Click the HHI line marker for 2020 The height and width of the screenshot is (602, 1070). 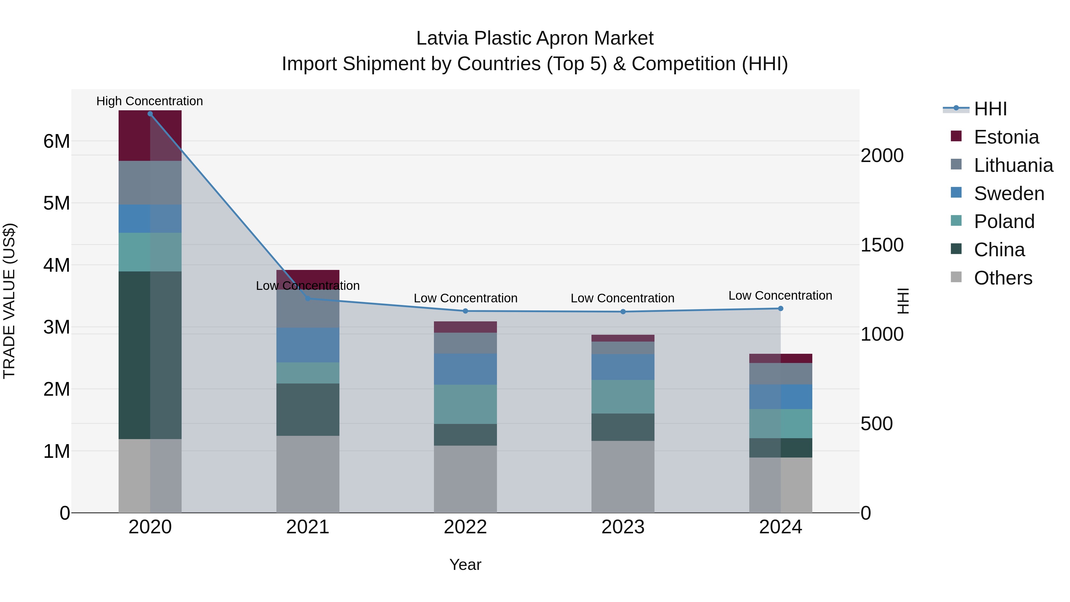pyautogui.click(x=150, y=114)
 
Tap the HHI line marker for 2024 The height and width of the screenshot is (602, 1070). pyautogui.click(x=781, y=309)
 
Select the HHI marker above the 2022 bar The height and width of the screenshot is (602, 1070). pyautogui.click(x=465, y=311)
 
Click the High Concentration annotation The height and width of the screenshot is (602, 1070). pyautogui.click(x=150, y=101)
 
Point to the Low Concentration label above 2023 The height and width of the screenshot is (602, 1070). pyautogui.click(x=622, y=298)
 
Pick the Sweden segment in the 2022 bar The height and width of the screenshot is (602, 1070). pyautogui.click(x=465, y=369)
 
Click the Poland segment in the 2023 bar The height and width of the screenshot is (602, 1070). pyautogui.click(x=623, y=397)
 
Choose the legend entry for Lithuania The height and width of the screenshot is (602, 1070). pyautogui.click(x=1014, y=165)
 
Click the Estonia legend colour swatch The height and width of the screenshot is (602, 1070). pyautogui.click(x=956, y=136)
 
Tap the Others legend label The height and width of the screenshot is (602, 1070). pyautogui.click(x=1003, y=278)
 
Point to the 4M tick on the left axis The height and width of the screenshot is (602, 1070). pyautogui.click(x=56, y=265)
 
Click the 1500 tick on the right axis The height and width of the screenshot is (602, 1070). pyautogui.click(x=882, y=245)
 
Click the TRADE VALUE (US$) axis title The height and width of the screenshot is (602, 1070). pyautogui.click(x=9, y=301)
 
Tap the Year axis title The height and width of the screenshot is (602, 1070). pyautogui.click(x=465, y=565)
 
